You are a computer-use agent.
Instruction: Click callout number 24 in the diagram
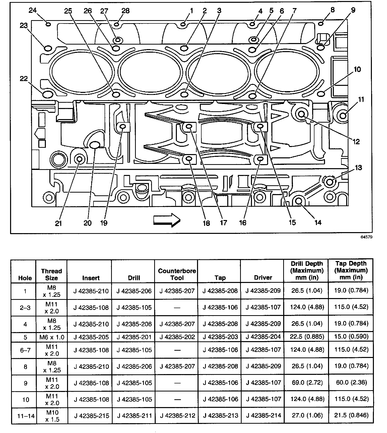click(x=33, y=10)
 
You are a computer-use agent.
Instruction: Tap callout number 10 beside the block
click(x=357, y=69)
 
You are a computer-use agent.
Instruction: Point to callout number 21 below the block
click(x=58, y=223)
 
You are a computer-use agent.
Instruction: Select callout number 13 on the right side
click(x=358, y=168)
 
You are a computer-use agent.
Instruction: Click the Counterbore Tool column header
click(x=177, y=274)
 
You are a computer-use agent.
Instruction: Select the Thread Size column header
click(x=51, y=274)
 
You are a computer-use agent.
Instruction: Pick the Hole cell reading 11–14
click(x=25, y=416)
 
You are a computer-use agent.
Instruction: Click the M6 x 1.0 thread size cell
click(x=52, y=337)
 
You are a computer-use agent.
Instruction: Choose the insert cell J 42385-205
click(x=91, y=337)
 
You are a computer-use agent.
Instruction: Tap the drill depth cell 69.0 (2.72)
click(x=307, y=383)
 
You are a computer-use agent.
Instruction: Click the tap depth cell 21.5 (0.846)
click(x=351, y=415)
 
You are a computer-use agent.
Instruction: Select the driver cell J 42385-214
click(x=263, y=415)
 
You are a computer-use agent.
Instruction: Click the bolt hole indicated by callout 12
click(x=301, y=115)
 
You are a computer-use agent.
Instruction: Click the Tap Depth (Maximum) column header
click(x=351, y=270)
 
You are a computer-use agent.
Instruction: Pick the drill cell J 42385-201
click(x=134, y=337)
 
